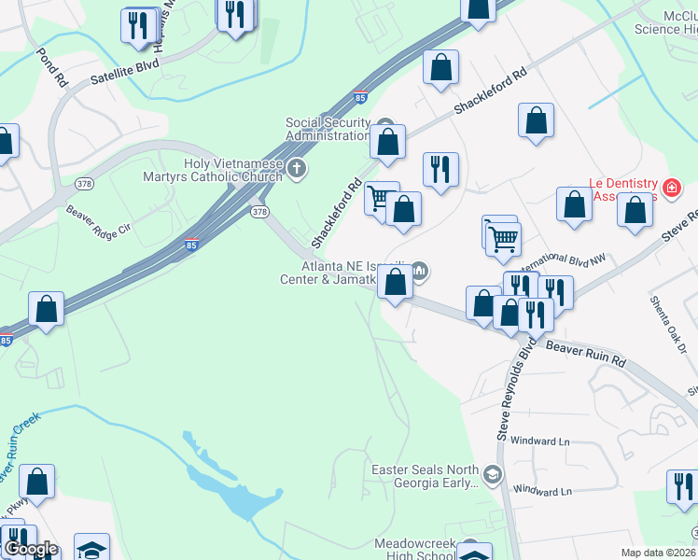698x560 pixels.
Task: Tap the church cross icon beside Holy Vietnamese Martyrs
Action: [297, 169]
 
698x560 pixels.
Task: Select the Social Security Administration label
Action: [328, 129]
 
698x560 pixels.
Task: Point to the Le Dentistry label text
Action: [622, 189]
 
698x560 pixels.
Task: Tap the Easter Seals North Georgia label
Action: [425, 476]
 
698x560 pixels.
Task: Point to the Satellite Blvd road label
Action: [125, 72]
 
